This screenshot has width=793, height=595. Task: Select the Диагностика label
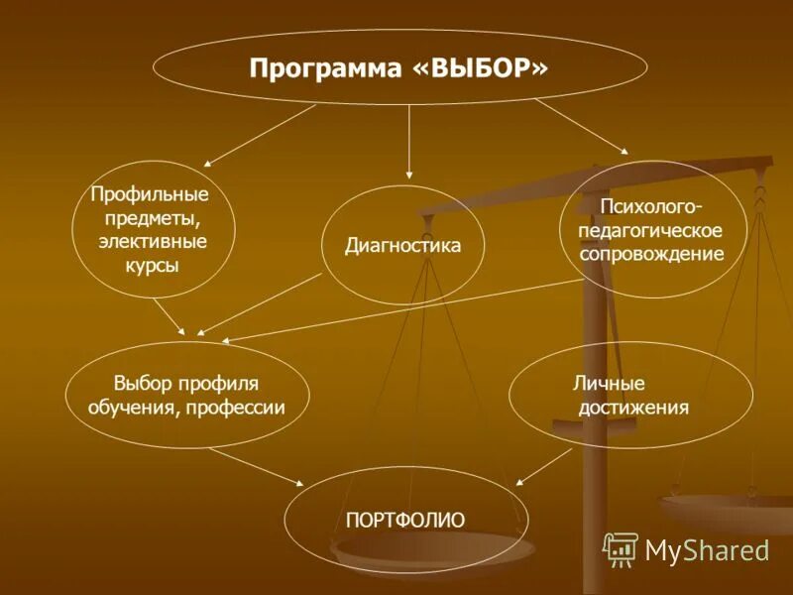pyautogui.click(x=402, y=245)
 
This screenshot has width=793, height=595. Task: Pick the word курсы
pyautogui.click(x=153, y=265)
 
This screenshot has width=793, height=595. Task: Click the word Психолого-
pyautogui.click(x=650, y=206)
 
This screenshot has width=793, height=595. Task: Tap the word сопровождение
pyautogui.click(x=651, y=253)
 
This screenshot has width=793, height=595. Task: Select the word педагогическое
pyautogui.click(x=651, y=230)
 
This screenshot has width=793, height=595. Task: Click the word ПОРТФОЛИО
pyautogui.click(x=405, y=519)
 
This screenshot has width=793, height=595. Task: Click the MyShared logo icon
pyautogui.click(x=621, y=548)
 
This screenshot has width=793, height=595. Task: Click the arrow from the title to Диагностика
pyautogui.click(x=409, y=144)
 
